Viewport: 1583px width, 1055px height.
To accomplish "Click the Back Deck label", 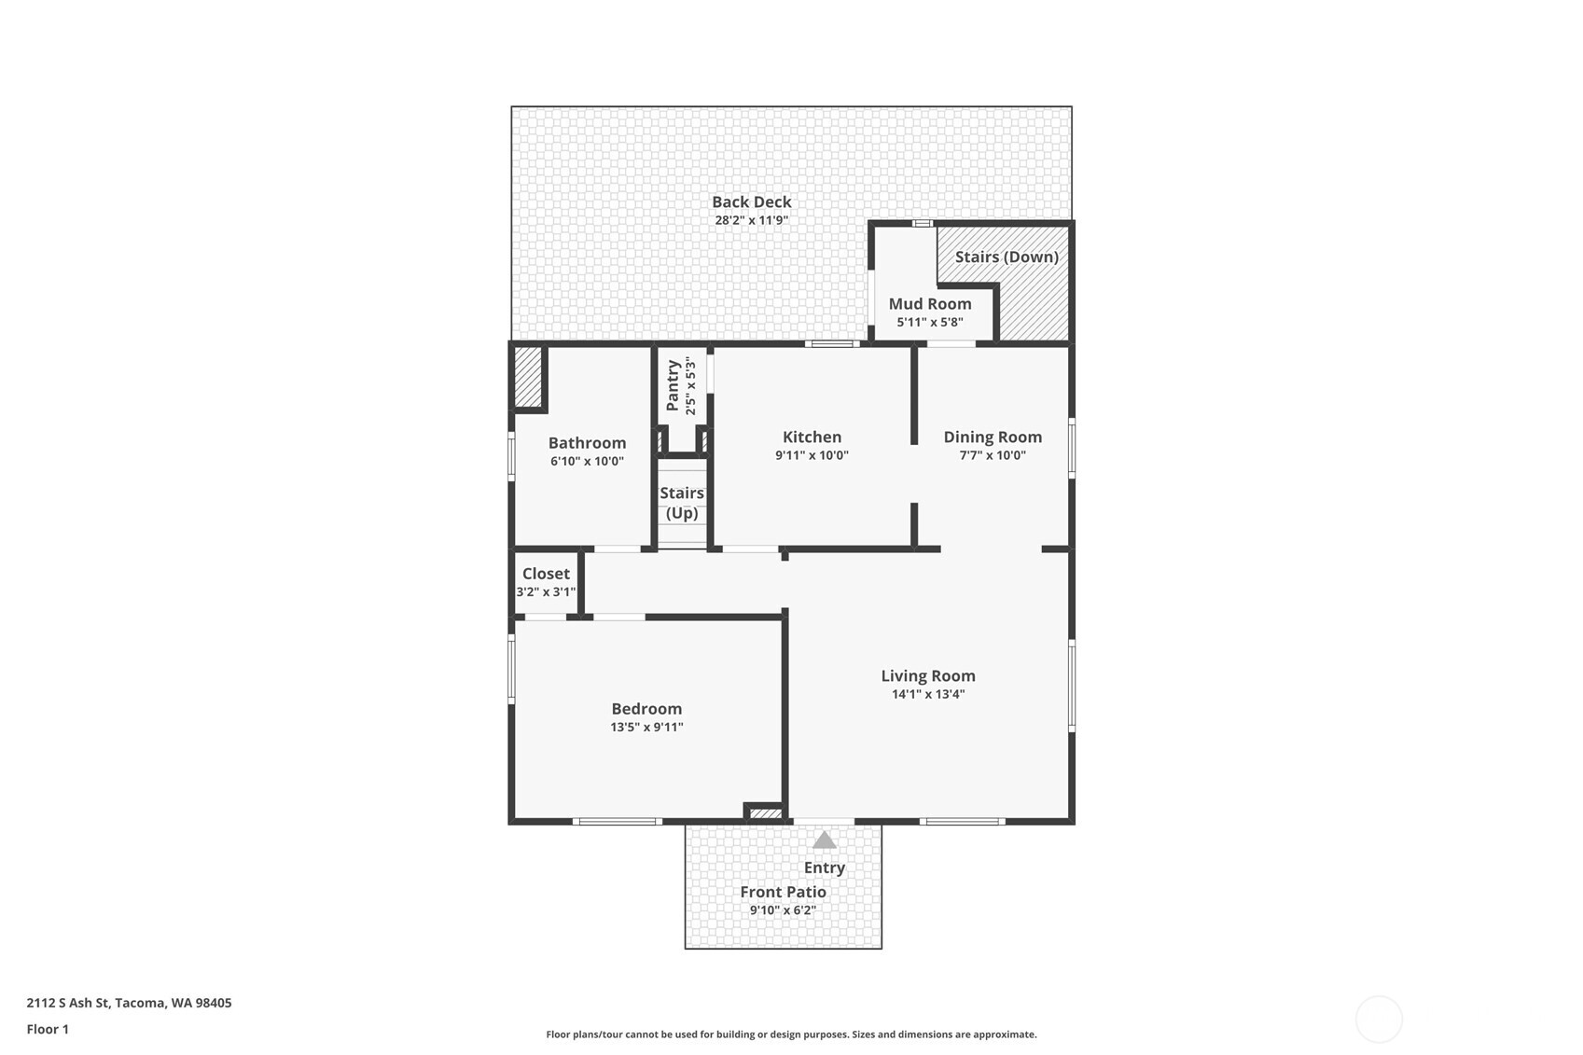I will click(x=751, y=201).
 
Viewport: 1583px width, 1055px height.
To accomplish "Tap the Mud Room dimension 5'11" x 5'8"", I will click(x=930, y=323).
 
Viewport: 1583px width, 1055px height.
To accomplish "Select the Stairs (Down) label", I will click(x=1007, y=257).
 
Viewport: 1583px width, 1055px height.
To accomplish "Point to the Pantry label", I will click(x=673, y=385).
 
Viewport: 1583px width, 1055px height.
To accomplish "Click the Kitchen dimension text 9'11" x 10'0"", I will click(x=812, y=456).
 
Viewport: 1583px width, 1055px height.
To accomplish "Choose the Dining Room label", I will click(x=993, y=437).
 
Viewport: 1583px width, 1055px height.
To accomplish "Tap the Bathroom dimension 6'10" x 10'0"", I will click(x=587, y=462).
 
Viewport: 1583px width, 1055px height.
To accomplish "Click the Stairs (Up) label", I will click(x=682, y=503).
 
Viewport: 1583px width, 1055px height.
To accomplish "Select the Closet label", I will click(x=546, y=574).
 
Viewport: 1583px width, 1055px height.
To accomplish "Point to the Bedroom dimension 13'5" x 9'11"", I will click(x=646, y=728).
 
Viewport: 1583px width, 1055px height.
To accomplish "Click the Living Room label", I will click(x=928, y=675).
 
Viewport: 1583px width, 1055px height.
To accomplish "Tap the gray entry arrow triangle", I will click(x=824, y=840).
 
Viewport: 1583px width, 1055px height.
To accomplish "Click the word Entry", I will click(x=825, y=868).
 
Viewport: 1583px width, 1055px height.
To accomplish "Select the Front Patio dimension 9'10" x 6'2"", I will click(x=783, y=910).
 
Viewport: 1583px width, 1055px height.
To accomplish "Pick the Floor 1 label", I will click(x=48, y=1029).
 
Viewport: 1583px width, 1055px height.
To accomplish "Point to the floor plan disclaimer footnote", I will click(x=791, y=1034).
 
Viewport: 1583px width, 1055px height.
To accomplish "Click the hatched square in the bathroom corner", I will click(x=528, y=377).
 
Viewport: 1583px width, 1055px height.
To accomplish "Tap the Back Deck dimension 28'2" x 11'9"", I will click(x=751, y=221).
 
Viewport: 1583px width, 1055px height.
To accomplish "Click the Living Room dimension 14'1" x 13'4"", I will click(x=928, y=694).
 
